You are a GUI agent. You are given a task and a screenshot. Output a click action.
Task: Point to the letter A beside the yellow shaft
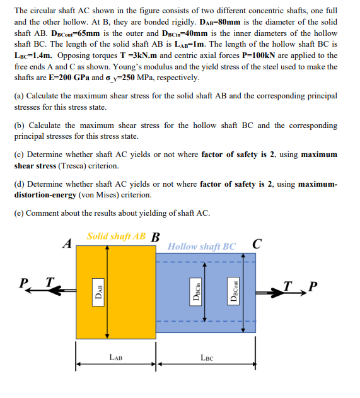66,243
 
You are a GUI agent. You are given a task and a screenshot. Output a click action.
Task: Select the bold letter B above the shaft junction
156,238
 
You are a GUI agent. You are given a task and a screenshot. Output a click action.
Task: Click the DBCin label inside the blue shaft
197,293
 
